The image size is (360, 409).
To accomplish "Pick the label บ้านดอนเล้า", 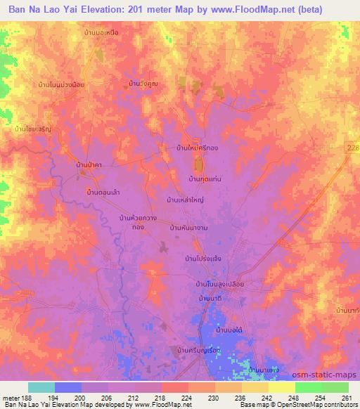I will click(102, 191).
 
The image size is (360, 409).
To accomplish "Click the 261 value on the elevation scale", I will click(347, 398).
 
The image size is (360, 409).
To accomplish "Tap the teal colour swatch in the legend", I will click(41, 387).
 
